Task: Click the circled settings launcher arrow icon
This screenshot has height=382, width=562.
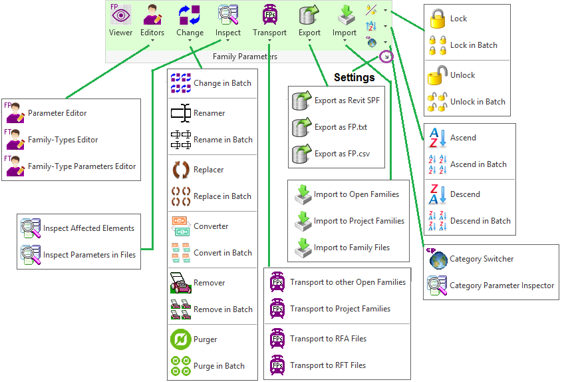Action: pyautogui.click(x=386, y=57)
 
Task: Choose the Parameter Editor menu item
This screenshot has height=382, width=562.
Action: pyautogui.click(x=57, y=113)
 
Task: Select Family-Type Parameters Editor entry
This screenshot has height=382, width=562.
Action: pyautogui.click(x=81, y=166)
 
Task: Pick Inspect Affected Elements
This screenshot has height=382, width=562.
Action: pyautogui.click(x=88, y=228)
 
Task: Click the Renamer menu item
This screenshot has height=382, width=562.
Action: pyautogui.click(x=209, y=113)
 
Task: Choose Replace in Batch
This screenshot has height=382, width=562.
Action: pyautogui.click(x=222, y=196)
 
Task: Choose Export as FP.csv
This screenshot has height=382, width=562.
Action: pyautogui.click(x=342, y=154)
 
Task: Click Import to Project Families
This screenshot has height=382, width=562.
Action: pyautogui.click(x=358, y=221)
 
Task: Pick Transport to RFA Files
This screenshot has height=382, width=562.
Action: pyautogui.click(x=328, y=339)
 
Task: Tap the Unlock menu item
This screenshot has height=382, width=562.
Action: pyautogui.click(x=462, y=75)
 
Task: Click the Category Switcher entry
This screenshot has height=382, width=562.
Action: pyautogui.click(x=482, y=259)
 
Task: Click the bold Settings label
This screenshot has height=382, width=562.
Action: pyautogui.click(x=354, y=78)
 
